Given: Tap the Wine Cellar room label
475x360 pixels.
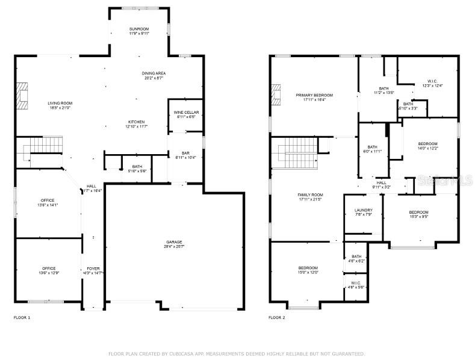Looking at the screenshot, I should click(186, 113).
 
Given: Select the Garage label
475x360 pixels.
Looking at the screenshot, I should click(174, 243).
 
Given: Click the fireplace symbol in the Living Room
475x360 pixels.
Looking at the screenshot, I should click(23, 96).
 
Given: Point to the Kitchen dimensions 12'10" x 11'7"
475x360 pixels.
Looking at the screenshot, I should click(136, 126).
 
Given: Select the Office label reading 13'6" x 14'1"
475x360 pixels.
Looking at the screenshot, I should click(48, 200).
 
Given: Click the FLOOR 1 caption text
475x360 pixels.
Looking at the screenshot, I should click(22, 317).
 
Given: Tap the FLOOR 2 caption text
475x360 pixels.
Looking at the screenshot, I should click(276, 317).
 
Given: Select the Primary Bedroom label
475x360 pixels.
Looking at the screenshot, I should click(314, 95).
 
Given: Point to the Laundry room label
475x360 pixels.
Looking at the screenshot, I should click(363, 210).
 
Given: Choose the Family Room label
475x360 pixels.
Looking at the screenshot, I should click(310, 195).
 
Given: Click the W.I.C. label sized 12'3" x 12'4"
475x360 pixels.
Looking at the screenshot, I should click(432, 81).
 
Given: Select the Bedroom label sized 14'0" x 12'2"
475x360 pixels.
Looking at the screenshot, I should click(427, 143).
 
